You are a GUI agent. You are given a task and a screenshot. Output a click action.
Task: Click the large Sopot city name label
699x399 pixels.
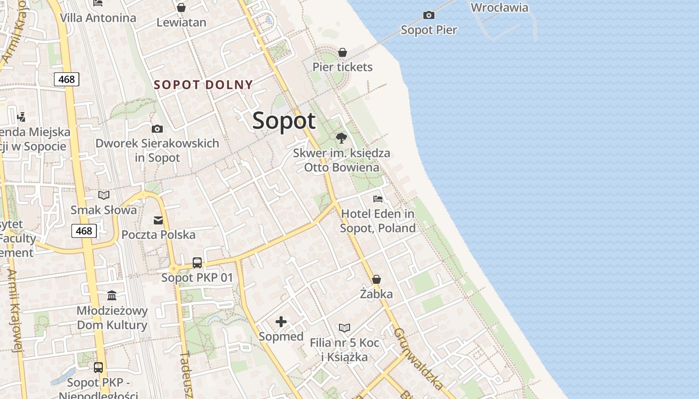tap(284, 121)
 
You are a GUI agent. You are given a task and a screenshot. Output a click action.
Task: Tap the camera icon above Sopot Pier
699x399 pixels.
tap(428, 15)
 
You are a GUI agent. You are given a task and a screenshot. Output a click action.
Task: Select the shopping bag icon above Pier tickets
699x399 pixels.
tap(343, 52)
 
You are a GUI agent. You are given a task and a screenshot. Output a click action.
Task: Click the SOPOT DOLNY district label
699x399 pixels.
tap(203, 85)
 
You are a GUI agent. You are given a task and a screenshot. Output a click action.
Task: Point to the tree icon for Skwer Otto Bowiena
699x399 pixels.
tap(342, 138)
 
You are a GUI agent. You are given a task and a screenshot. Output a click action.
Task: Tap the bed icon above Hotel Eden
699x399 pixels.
tap(378, 199)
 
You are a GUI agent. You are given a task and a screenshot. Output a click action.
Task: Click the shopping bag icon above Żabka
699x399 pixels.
tap(376, 279)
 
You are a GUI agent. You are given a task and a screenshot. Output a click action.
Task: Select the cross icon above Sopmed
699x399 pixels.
tap(281, 322)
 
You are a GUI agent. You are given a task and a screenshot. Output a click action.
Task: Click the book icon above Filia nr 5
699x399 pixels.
tap(345, 328)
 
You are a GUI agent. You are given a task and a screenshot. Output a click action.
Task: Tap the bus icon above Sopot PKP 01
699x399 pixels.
tap(197, 263)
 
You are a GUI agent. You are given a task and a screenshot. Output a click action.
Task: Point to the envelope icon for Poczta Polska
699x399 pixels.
tap(158, 220)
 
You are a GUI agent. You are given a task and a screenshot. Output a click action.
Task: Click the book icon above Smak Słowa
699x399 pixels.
tap(104, 195)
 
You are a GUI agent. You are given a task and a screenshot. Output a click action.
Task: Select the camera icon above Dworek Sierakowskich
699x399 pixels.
tap(157, 129)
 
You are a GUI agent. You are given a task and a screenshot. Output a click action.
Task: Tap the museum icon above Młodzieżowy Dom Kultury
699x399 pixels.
tap(112, 296)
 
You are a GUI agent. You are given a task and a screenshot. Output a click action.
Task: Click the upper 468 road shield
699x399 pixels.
tap(66, 79)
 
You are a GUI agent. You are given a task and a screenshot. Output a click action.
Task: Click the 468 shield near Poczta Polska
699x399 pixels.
tap(84, 230)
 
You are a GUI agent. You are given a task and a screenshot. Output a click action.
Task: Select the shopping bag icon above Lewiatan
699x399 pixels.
tap(181, 8)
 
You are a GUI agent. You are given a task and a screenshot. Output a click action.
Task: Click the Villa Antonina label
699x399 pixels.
tap(98, 18)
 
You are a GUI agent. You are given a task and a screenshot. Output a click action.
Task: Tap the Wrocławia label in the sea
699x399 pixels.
tap(499, 7)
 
